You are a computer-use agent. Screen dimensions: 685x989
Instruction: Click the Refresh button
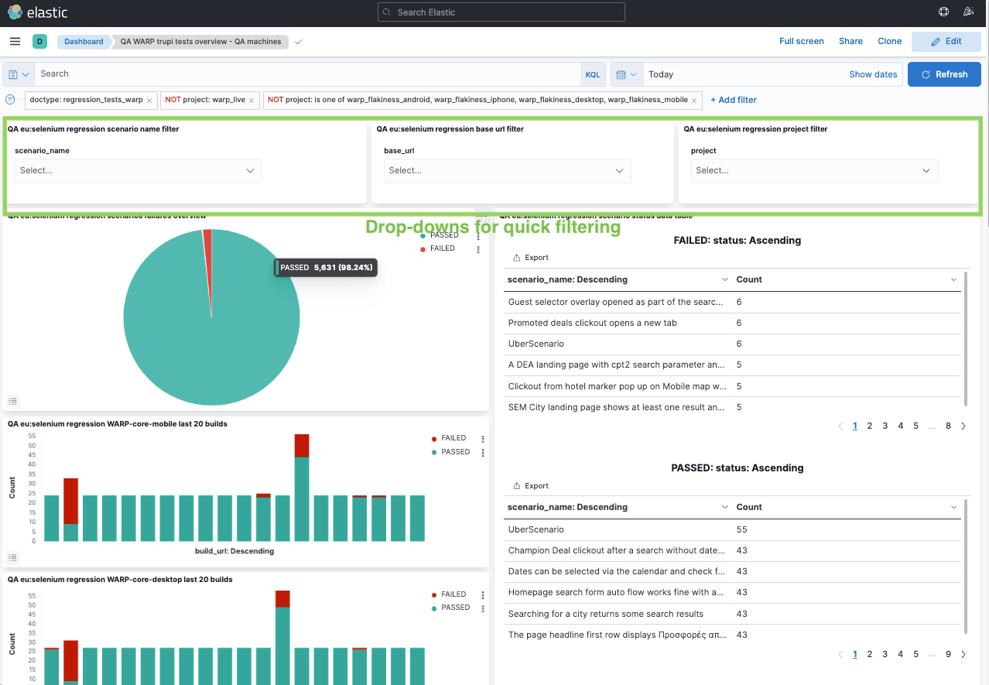(x=944, y=74)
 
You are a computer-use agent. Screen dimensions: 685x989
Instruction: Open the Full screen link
(x=801, y=41)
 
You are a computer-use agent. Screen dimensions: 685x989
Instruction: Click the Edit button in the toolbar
(x=946, y=41)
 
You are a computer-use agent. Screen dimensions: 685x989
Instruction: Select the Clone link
(x=889, y=41)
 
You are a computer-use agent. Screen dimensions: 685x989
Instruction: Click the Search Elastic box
(x=501, y=12)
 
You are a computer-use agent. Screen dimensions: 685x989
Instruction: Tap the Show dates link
(x=873, y=74)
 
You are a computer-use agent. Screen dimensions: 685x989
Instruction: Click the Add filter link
(x=733, y=100)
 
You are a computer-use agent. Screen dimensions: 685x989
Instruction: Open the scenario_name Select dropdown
(x=138, y=170)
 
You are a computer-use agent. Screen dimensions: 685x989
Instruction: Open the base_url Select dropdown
(x=507, y=170)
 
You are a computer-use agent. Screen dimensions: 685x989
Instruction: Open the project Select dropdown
(x=814, y=170)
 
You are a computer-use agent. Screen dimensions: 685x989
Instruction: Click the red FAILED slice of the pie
(x=207, y=240)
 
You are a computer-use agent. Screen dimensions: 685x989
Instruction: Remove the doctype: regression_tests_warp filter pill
(x=149, y=101)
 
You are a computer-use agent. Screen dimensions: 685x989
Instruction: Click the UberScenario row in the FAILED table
(x=536, y=344)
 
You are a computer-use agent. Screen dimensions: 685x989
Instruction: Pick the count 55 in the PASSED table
(x=742, y=529)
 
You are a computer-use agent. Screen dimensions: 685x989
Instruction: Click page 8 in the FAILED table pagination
(x=948, y=426)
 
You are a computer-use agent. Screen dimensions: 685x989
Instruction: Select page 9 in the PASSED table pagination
(x=948, y=654)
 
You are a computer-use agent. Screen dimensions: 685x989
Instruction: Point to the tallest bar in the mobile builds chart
(x=302, y=488)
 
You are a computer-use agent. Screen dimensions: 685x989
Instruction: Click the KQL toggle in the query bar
(x=592, y=74)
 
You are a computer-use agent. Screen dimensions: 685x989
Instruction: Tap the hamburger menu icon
(x=15, y=41)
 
